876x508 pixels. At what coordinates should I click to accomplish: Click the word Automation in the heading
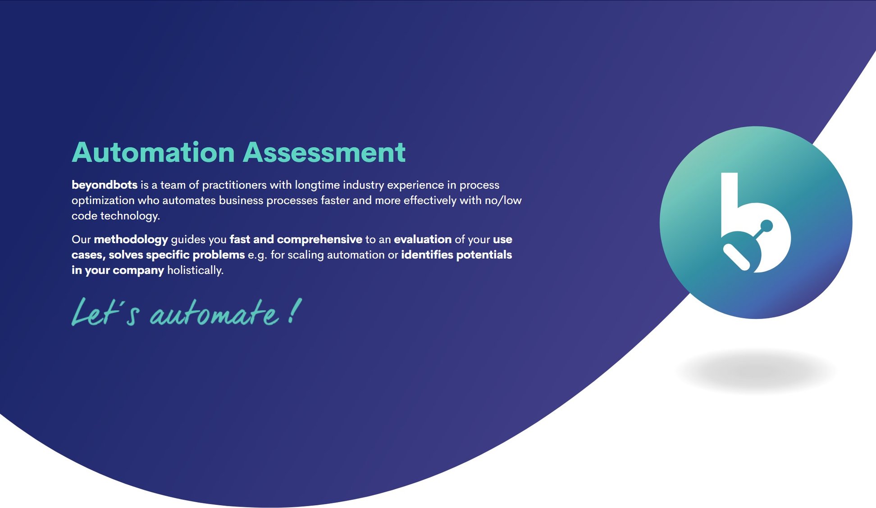click(153, 152)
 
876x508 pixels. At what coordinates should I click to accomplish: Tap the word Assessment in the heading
click(324, 152)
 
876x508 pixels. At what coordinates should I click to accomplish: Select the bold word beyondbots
click(105, 185)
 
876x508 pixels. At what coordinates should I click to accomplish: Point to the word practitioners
click(234, 185)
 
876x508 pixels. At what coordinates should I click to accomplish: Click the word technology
click(130, 216)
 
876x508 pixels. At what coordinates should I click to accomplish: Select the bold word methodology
click(131, 240)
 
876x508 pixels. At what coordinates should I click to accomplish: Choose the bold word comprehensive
click(319, 240)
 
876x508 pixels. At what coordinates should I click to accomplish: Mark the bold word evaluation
click(423, 240)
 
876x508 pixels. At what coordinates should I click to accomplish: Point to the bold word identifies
click(427, 255)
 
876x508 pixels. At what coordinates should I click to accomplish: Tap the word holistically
click(195, 270)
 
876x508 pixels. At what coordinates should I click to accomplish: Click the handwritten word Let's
click(105, 312)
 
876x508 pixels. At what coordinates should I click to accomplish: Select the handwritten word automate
click(214, 313)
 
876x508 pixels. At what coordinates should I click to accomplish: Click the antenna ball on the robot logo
click(766, 226)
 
